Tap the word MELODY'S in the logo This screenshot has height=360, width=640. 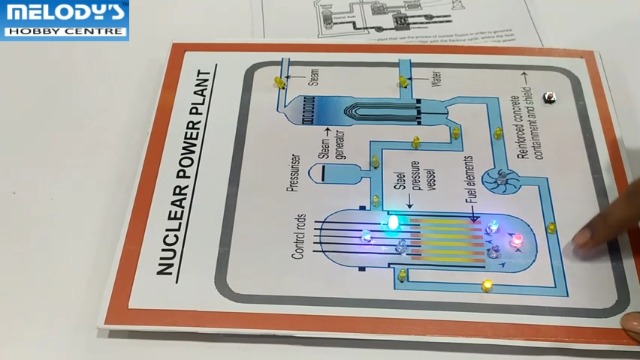click(65, 13)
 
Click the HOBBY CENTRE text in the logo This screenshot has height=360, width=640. click(65, 31)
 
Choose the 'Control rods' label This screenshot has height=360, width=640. click(299, 236)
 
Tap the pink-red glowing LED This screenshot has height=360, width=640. click(516, 242)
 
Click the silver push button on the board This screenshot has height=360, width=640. click(549, 97)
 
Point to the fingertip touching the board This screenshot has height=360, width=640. click(580, 240)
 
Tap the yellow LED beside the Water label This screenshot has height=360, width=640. click(403, 80)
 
